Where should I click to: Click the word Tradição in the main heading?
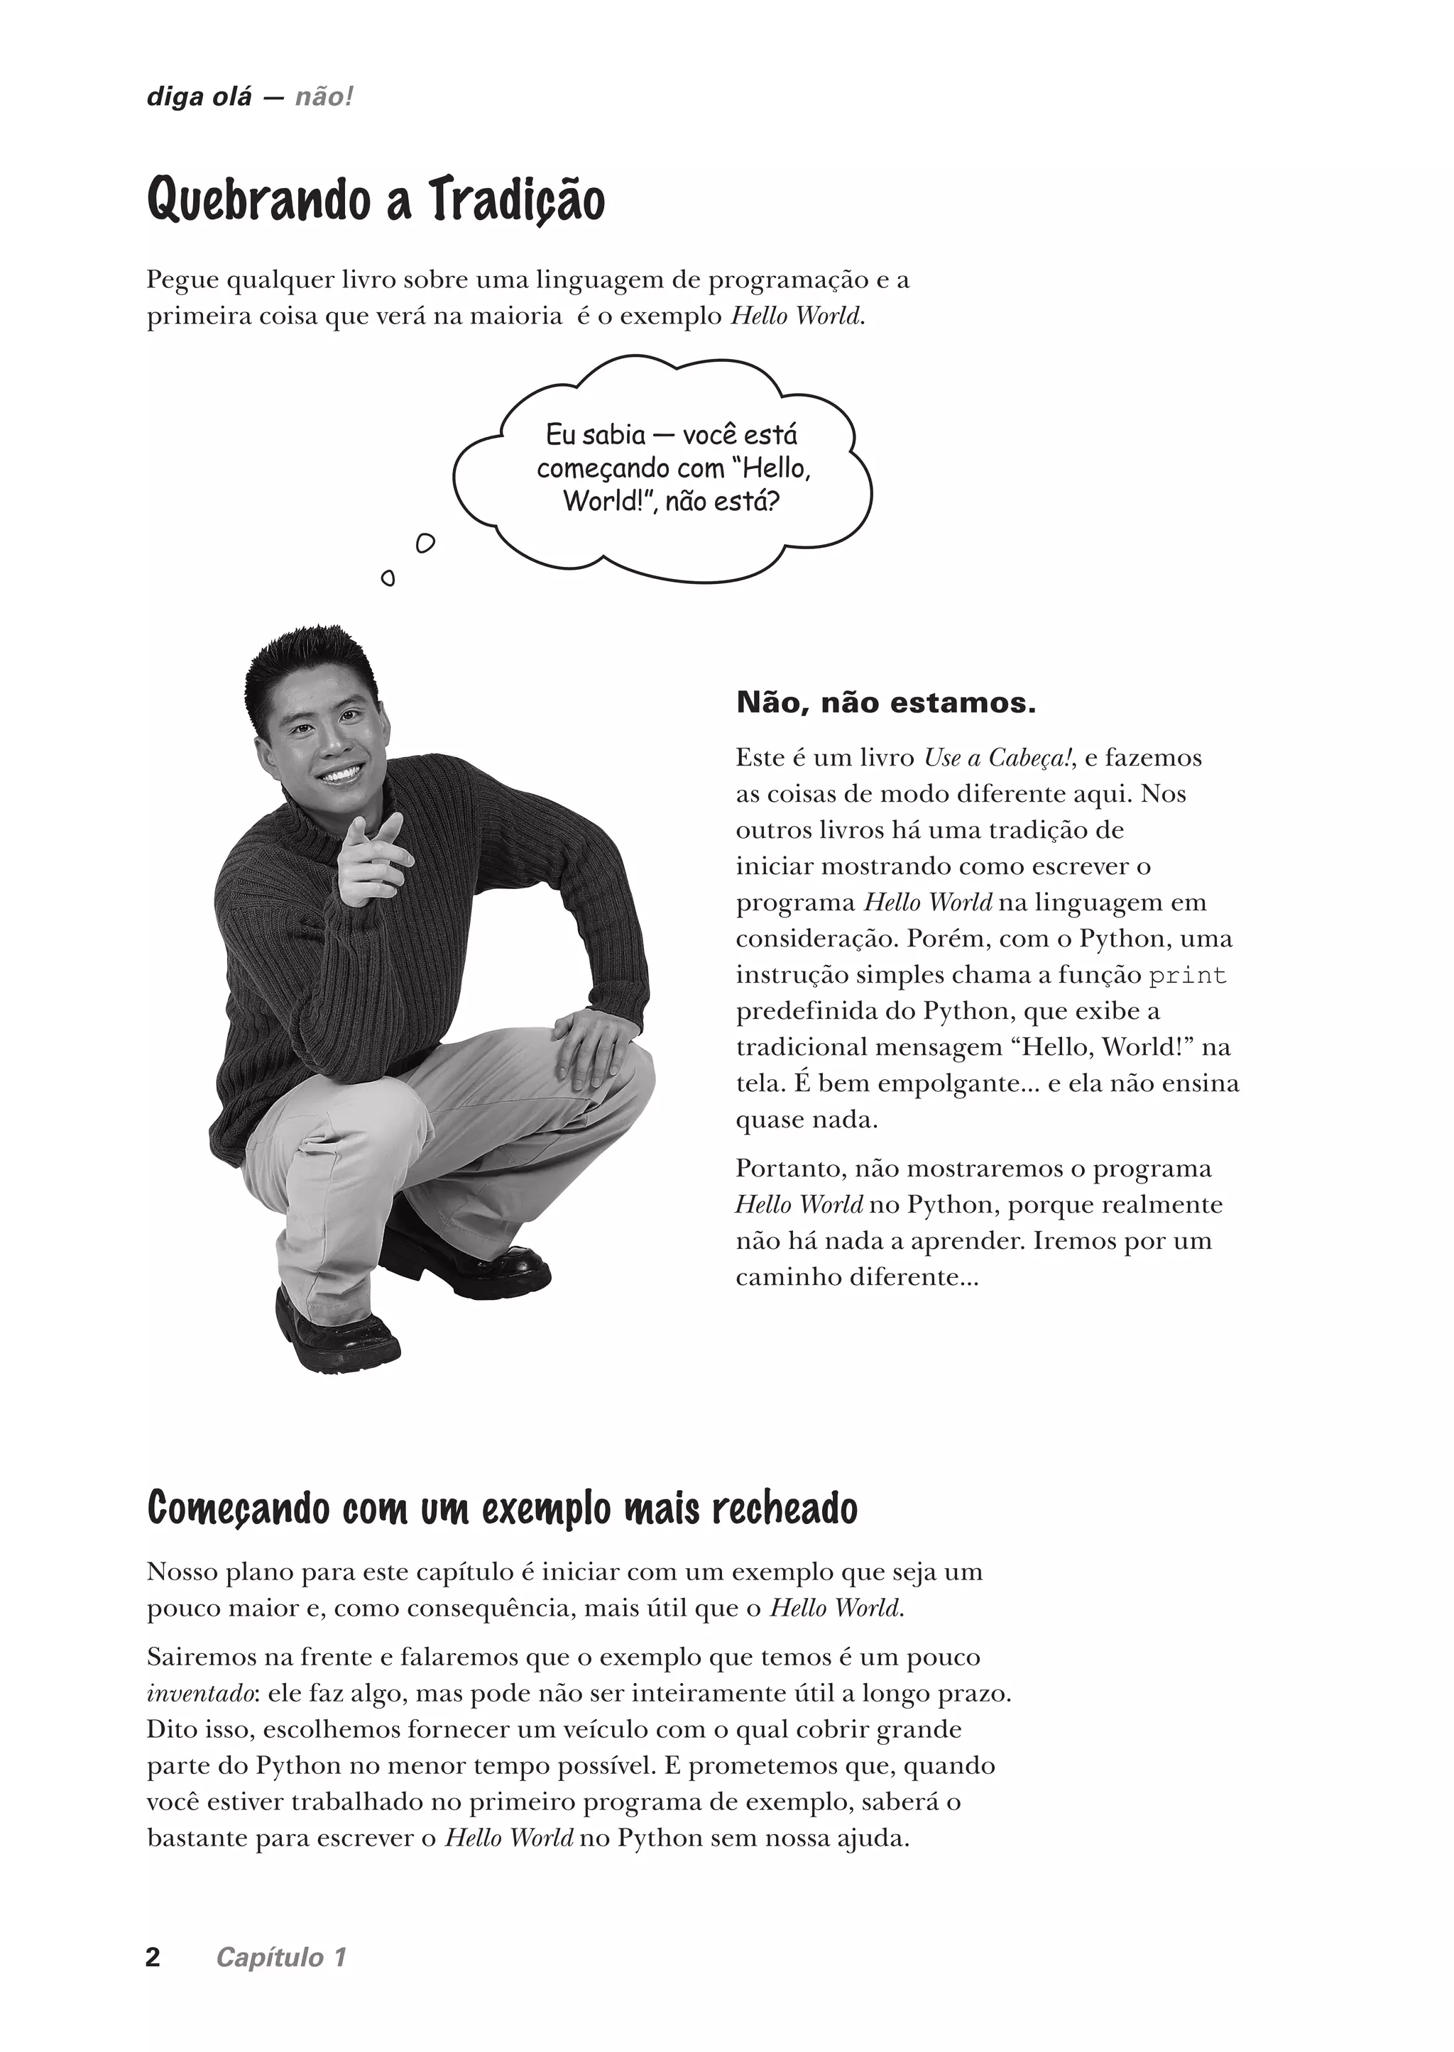coord(517,201)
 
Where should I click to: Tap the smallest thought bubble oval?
coord(388,578)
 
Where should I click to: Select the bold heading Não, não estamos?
coord(885,702)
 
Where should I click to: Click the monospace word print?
coord(1187,976)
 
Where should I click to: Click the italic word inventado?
coord(189,1694)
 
